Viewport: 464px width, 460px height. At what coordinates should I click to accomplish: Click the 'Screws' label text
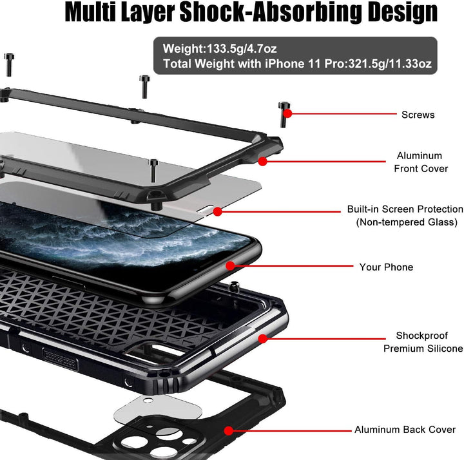[418, 115]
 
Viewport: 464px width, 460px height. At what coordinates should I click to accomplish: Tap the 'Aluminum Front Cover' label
[420, 162]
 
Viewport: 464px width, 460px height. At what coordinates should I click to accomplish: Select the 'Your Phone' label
[386, 267]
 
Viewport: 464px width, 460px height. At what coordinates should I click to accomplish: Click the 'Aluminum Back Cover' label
[405, 430]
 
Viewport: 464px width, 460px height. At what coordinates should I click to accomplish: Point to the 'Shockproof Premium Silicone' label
[423, 342]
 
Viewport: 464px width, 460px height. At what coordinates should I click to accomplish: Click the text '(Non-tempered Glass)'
[407, 222]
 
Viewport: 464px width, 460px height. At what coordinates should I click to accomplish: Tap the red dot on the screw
[287, 113]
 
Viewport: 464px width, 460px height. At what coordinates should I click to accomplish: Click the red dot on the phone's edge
[230, 266]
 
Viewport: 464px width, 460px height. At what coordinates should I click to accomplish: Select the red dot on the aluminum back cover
[228, 431]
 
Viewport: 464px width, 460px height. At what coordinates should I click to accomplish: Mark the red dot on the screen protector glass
[218, 211]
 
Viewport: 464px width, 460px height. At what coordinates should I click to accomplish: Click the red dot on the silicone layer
[263, 339]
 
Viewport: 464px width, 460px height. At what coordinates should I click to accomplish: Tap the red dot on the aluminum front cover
[262, 161]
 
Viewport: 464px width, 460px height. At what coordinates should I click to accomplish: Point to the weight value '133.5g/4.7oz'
[242, 48]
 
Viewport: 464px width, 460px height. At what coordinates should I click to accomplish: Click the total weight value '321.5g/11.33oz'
[390, 64]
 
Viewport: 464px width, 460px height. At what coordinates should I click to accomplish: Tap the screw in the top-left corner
[9, 65]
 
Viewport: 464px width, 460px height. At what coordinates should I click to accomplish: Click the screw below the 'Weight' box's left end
[144, 87]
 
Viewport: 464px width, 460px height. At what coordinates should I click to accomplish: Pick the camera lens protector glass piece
[158, 408]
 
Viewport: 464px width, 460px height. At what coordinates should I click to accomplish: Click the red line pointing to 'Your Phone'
[292, 266]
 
